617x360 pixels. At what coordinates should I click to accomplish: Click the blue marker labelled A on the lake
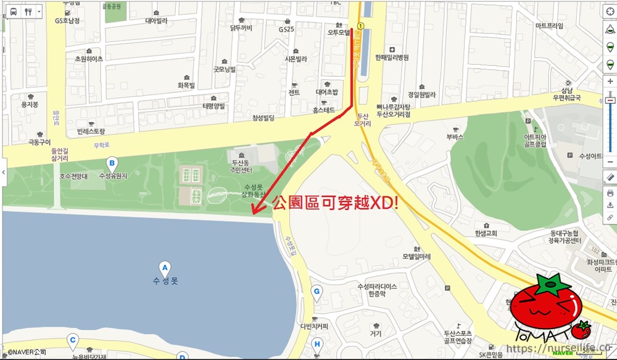click(x=165, y=267)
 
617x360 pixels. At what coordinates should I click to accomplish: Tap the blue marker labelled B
click(x=112, y=164)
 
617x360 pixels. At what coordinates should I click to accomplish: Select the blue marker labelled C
click(x=73, y=339)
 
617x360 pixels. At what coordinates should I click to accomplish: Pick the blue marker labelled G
click(x=317, y=291)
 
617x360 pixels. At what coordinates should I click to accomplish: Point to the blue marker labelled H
click(x=317, y=345)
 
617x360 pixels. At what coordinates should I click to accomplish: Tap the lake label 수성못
click(x=165, y=281)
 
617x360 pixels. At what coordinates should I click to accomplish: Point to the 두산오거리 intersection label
click(x=364, y=119)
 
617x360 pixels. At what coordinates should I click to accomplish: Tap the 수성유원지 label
click(x=113, y=176)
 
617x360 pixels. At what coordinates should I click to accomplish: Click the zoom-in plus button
click(x=610, y=81)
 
